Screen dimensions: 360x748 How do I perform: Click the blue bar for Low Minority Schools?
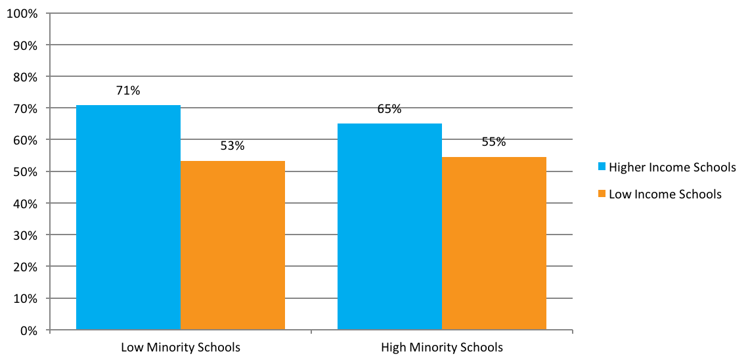pos(128,217)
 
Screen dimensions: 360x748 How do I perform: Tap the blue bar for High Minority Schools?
pos(389,226)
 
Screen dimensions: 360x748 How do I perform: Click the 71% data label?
pos(128,91)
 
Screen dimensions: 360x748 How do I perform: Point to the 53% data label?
pos(232,146)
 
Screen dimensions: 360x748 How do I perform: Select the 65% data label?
pos(389,109)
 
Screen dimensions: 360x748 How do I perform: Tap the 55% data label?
pos(494,142)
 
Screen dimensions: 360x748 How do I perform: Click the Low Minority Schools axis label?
pos(181,347)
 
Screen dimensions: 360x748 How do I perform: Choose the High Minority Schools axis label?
pos(442,347)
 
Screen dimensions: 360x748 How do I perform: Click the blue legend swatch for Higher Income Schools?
pos(601,168)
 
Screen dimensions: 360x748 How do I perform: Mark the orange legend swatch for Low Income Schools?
pos(601,194)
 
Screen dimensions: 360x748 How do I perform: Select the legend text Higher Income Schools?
pos(672,168)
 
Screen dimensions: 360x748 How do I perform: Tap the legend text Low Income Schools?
pos(665,194)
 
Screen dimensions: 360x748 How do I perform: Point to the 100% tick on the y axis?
pos(22,14)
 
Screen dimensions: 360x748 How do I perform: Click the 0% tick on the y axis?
pos(28,330)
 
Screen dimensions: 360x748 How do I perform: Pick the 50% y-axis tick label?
pos(25,172)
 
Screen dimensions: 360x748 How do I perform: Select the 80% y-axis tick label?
pos(25,77)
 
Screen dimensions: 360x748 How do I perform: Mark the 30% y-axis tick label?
pos(25,235)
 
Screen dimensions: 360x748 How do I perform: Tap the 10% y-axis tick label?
pos(25,299)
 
